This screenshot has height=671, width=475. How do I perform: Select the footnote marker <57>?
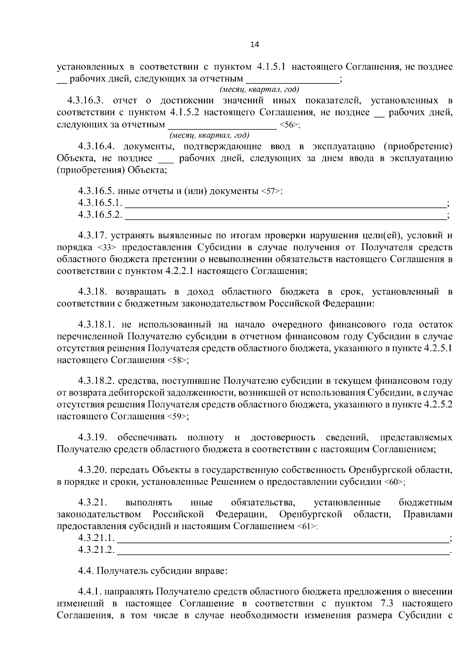271,192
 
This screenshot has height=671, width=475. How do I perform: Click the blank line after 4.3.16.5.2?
285,216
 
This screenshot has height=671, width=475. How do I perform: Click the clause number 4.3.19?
92,437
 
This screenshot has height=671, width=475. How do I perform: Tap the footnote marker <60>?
393,482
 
